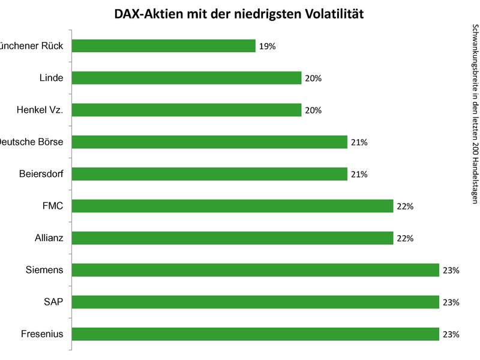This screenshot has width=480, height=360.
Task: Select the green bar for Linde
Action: [186, 78]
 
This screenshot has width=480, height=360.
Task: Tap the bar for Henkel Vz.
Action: [186, 110]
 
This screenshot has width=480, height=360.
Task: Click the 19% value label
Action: [267, 46]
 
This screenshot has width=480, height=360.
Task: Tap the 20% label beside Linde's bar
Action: [313, 78]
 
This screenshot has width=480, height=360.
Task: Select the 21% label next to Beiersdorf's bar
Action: [359, 174]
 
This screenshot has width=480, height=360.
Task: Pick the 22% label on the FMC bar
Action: [405, 206]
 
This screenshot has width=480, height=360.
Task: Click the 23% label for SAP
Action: [451, 302]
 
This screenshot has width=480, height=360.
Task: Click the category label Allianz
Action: [49, 238]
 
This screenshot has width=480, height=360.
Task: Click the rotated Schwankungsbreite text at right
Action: [475, 114]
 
